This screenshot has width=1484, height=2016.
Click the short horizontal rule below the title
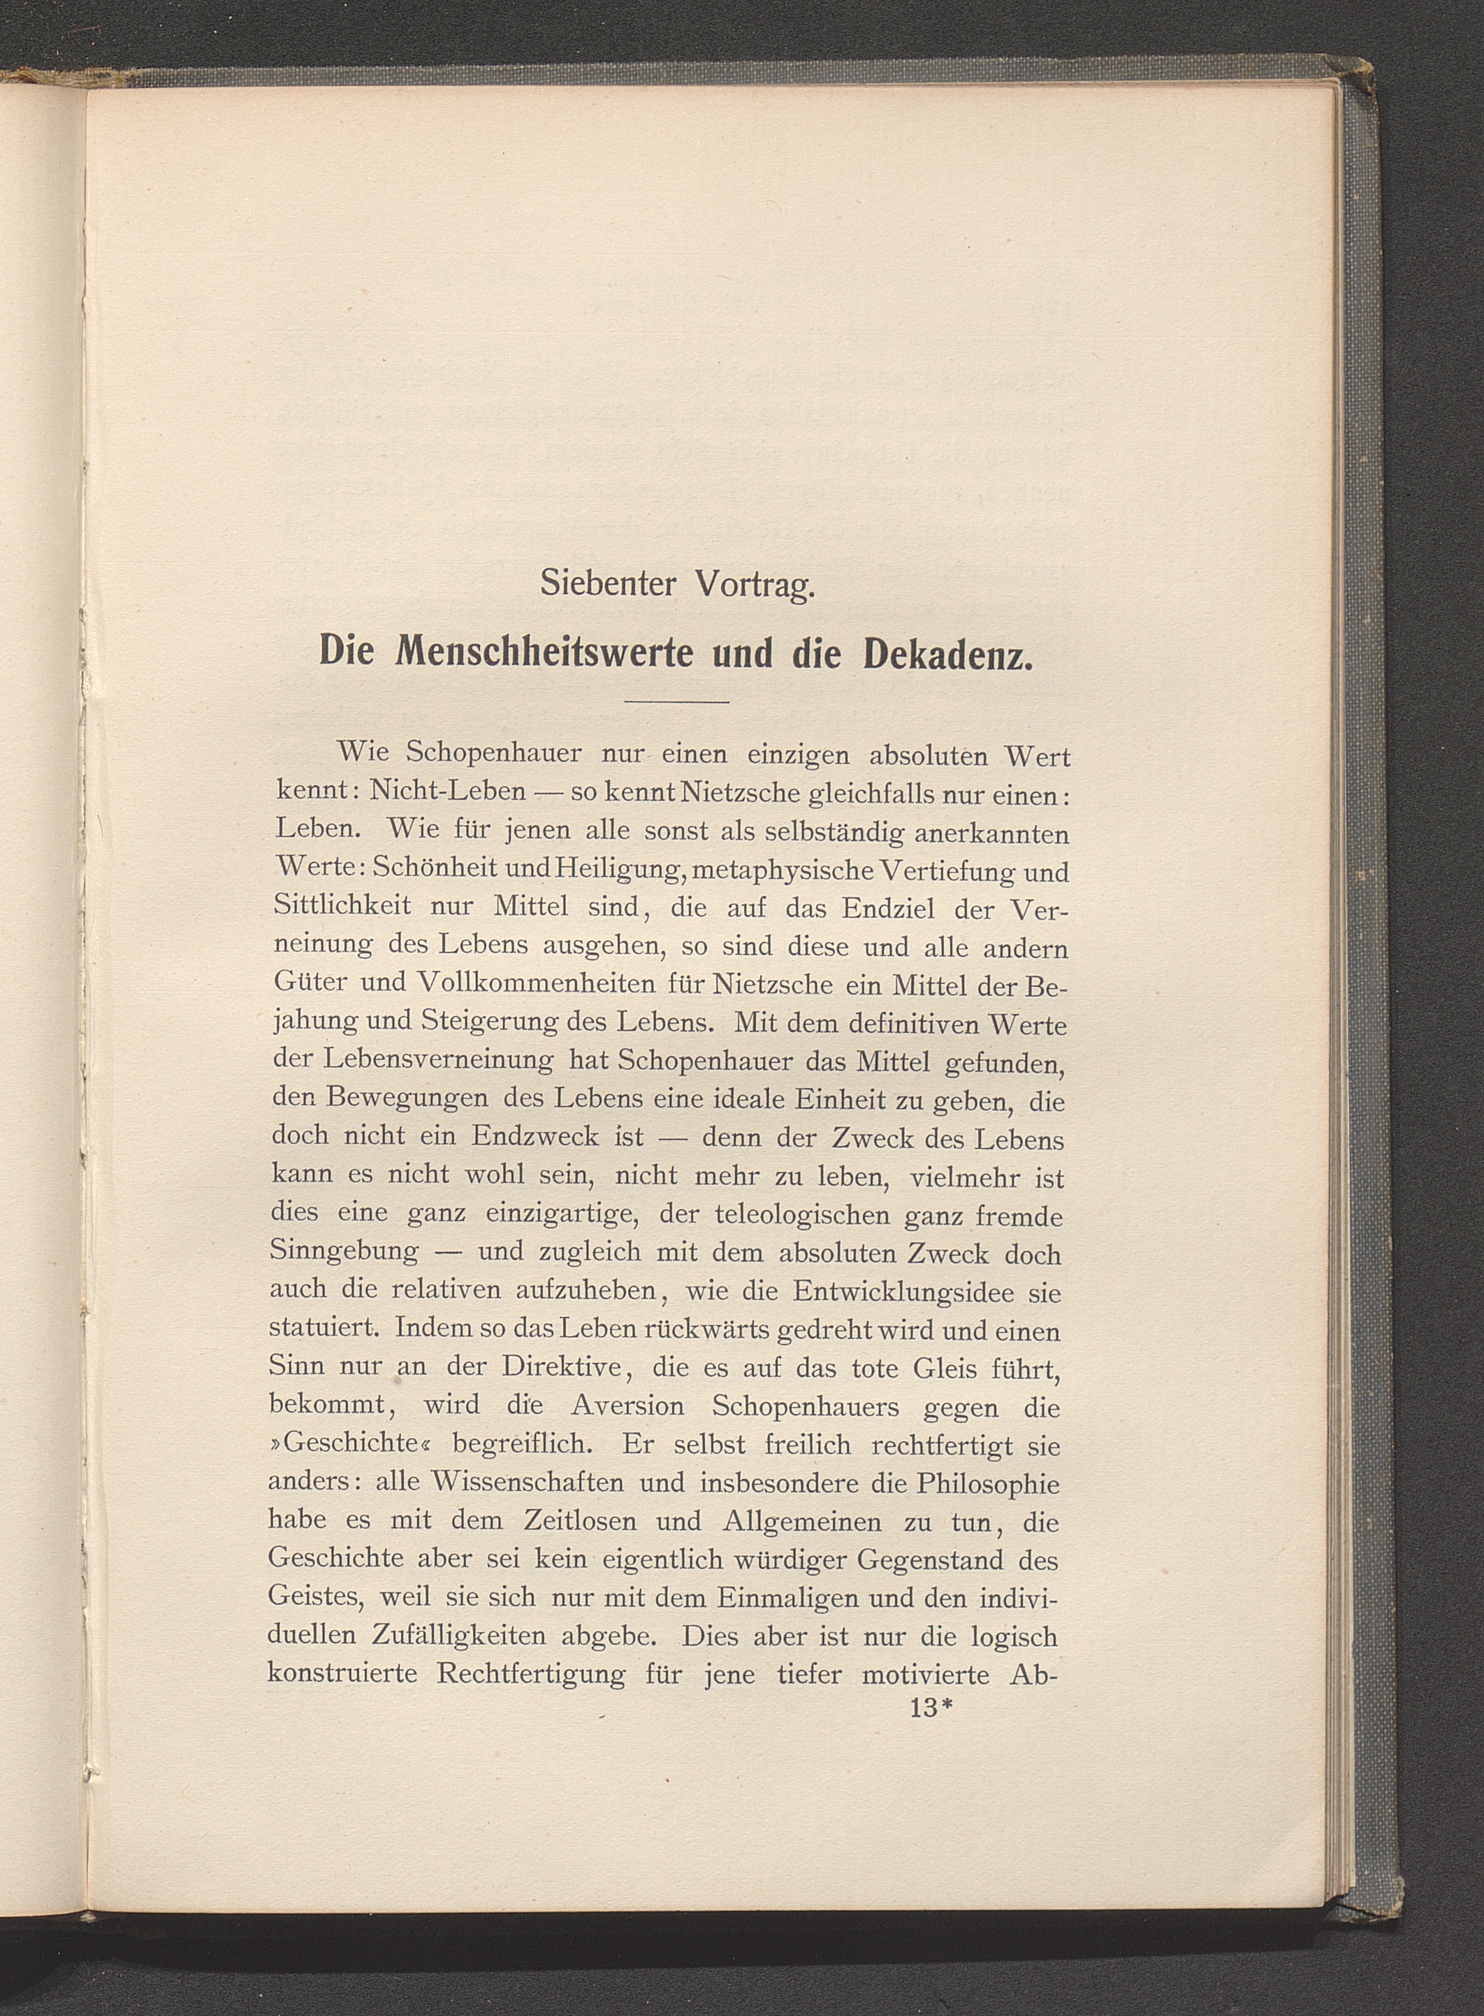(676, 701)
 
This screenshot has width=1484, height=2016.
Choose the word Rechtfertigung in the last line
(532, 1675)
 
